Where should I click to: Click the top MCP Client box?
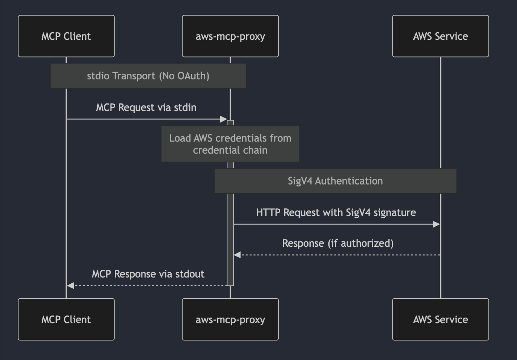point(66,36)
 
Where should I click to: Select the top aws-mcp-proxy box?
point(230,36)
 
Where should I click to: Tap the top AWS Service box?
point(440,36)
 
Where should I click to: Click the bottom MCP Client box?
point(66,319)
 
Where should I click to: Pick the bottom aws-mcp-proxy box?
point(230,319)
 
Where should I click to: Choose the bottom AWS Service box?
point(440,319)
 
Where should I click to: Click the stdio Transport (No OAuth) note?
point(148,76)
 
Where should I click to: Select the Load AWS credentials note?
point(230,144)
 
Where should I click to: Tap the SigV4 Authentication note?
point(335,181)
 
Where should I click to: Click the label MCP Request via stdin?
point(146,107)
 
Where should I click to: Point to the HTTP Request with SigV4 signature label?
point(336,212)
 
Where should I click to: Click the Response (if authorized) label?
point(337,243)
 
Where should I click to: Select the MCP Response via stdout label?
point(148,274)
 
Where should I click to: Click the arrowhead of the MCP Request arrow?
point(224,119)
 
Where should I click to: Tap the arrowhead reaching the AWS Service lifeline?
point(437,224)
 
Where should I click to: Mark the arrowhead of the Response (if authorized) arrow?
point(237,255)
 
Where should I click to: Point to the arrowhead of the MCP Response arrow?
point(70,285)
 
